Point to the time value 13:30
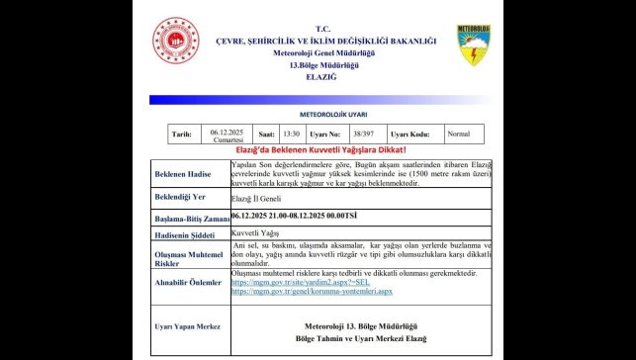coord(290,134)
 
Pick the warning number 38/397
coord(361,134)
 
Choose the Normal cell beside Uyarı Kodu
coord(459,134)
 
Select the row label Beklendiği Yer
coord(179,200)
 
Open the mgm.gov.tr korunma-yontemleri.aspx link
coord(312,292)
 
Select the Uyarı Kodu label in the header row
coord(410,134)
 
